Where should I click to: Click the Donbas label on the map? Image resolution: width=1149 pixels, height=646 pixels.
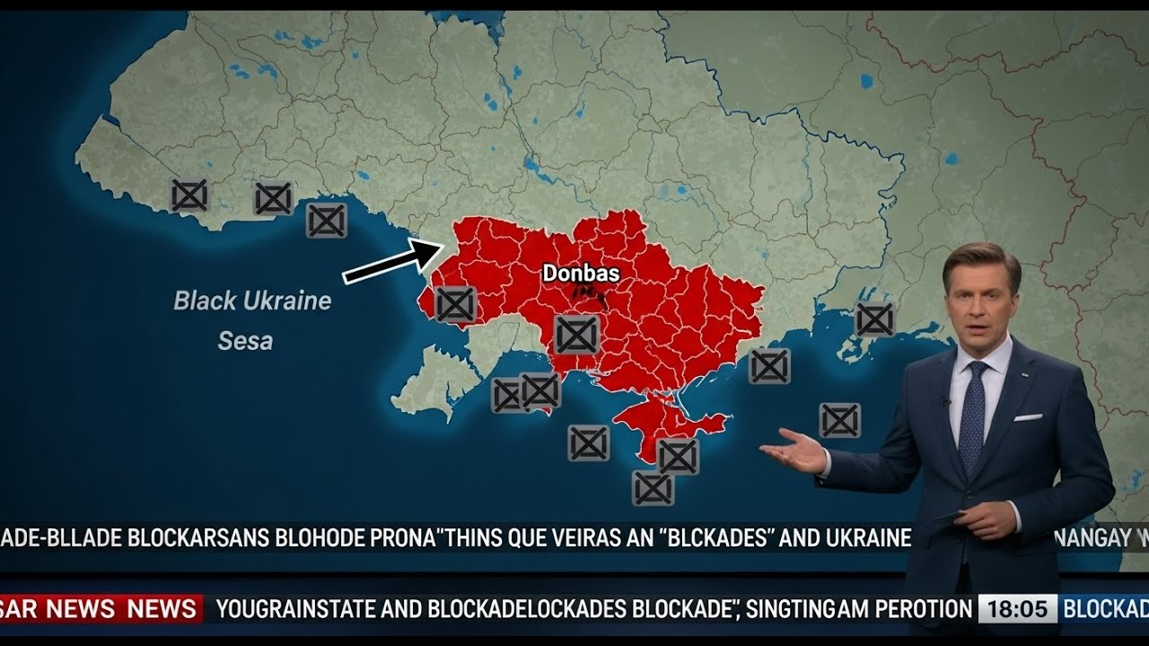point(581,273)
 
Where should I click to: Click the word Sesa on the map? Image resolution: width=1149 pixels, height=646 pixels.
point(245,341)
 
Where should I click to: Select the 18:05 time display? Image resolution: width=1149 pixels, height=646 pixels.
point(1017,609)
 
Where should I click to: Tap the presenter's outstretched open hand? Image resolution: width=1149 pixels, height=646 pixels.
point(794,450)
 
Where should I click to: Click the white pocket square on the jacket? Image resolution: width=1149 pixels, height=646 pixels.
point(1028,417)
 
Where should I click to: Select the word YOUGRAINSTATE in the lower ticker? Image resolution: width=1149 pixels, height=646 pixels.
point(295,610)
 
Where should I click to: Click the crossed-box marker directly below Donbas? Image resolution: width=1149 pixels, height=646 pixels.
point(576,335)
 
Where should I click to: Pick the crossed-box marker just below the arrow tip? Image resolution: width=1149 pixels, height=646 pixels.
point(455,304)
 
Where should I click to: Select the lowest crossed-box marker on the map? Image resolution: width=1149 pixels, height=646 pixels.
point(653,489)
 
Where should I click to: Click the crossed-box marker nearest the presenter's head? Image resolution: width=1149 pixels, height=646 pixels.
point(874,319)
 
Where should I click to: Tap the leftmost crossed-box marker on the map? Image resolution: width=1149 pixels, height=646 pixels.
point(189,195)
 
